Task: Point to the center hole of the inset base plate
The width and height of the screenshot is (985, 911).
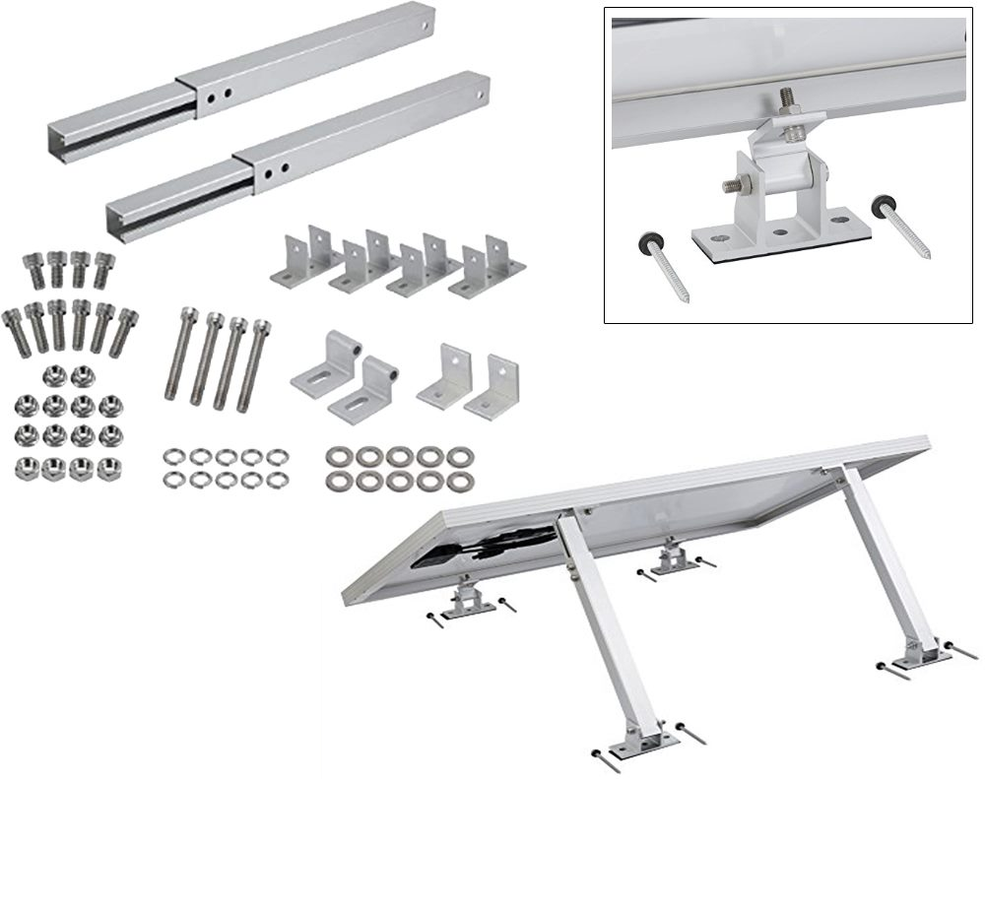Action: pos(780,235)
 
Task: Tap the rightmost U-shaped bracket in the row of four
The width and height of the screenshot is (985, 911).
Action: pos(487,263)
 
